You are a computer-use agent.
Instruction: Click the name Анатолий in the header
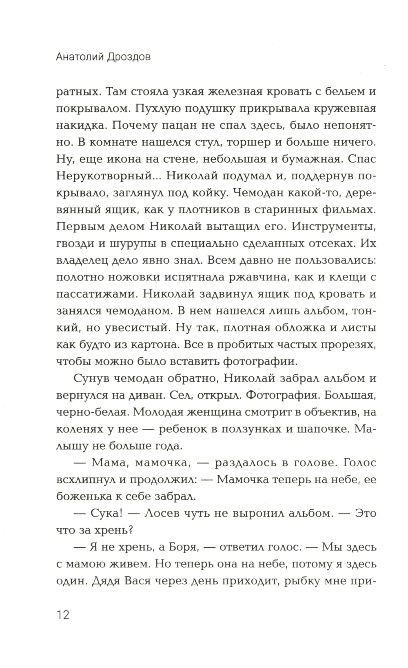point(80,57)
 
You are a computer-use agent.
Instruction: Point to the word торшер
point(247,143)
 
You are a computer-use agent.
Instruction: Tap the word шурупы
point(121,243)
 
